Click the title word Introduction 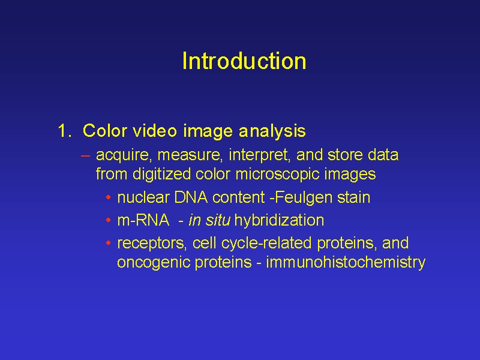coord(244,61)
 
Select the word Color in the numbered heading coord(104,131)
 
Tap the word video coord(155,131)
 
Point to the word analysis coord(272,131)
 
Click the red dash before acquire coord(85,156)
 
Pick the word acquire coord(124,155)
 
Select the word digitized coord(161,174)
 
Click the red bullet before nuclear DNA coord(108,197)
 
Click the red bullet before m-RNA coord(108,220)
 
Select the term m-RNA coord(143,220)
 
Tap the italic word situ coord(218,220)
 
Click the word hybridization coord(279,220)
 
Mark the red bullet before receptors coord(108,243)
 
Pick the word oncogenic coord(154,262)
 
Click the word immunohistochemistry coord(346,262)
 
